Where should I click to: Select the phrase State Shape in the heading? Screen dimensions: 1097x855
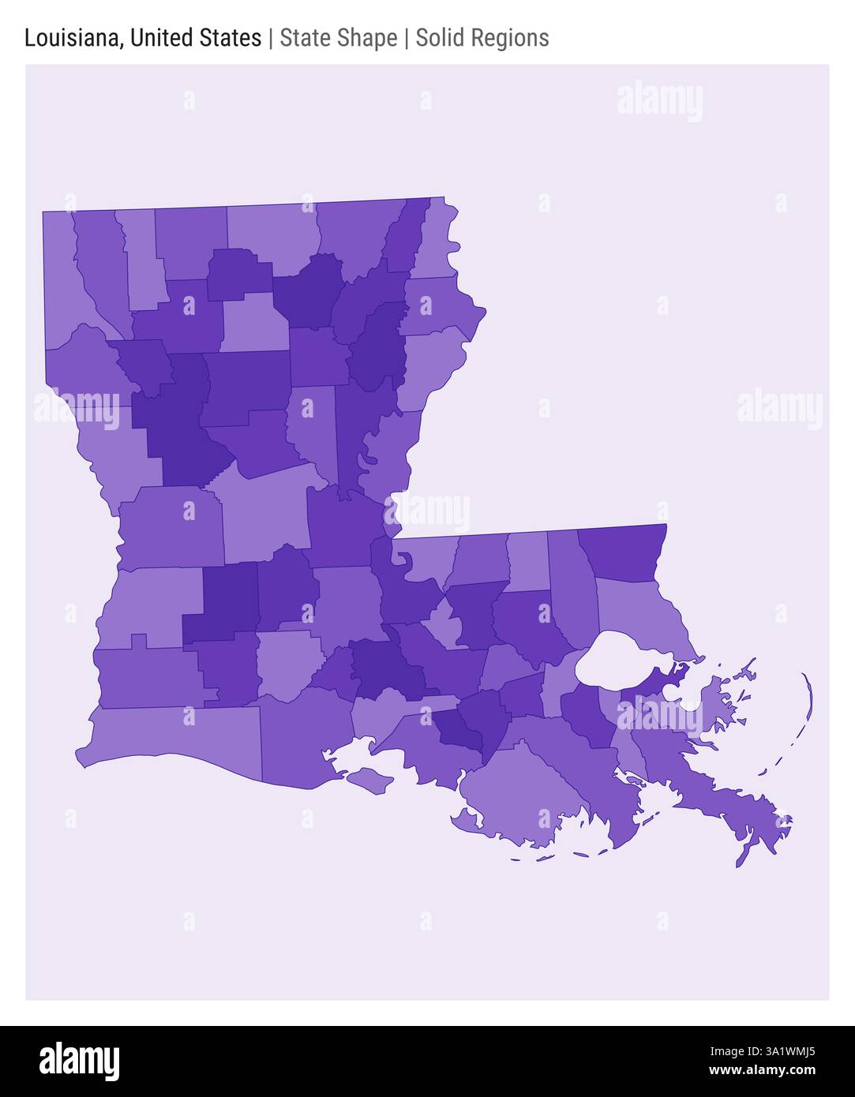point(338,38)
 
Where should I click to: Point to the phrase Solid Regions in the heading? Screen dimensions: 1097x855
point(482,38)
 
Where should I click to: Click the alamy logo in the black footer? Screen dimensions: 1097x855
point(79,1061)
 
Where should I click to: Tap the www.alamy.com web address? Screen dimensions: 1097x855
point(762,1071)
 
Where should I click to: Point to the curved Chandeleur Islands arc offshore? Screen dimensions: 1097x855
point(807,702)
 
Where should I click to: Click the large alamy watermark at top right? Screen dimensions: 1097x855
point(659,101)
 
